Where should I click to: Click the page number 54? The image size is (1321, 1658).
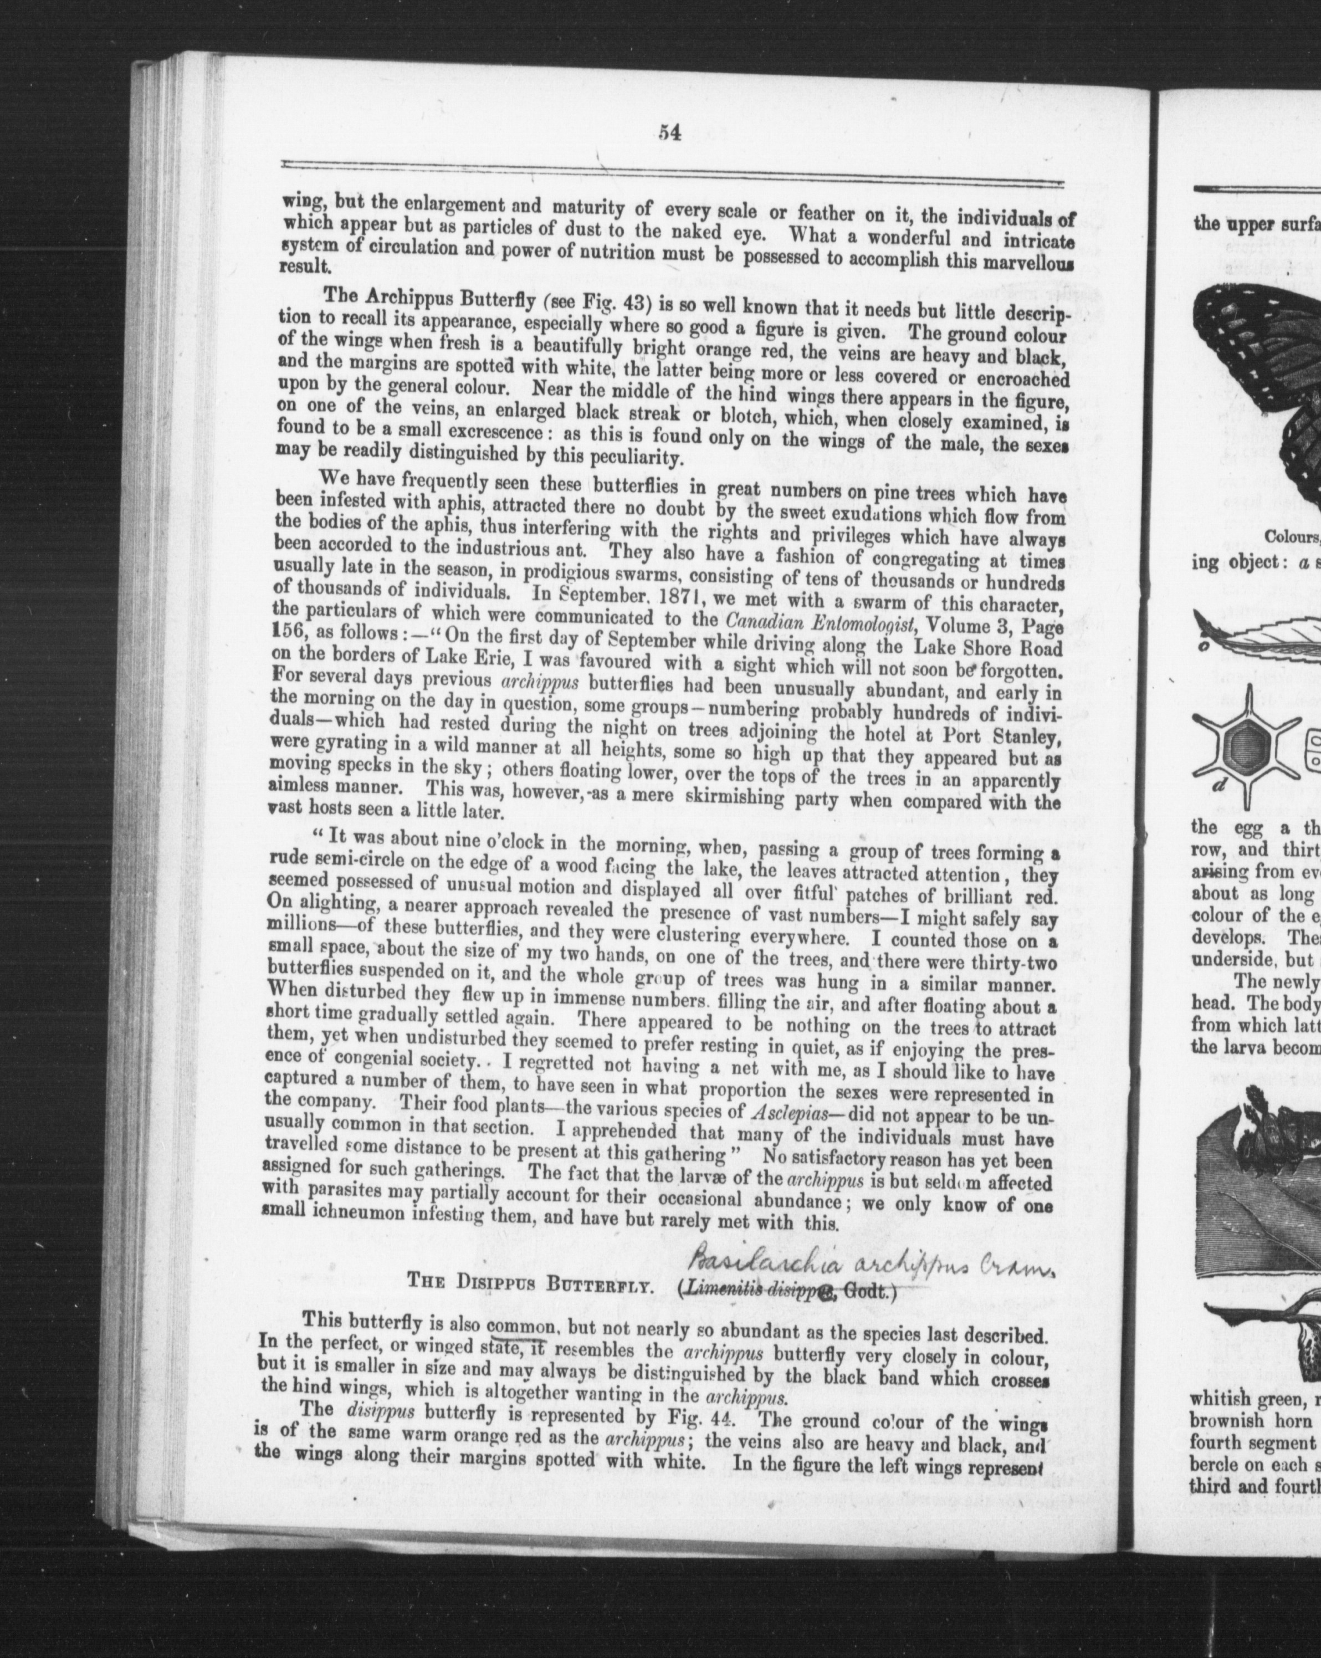point(669,133)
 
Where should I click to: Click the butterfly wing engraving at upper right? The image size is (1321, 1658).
point(1261,385)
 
